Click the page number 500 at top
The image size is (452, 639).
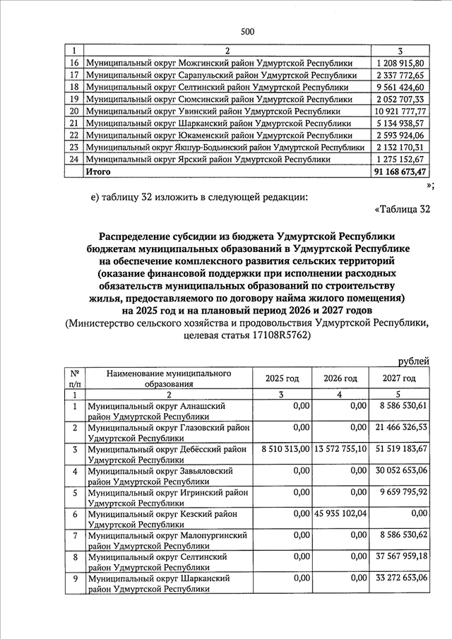(x=247, y=30)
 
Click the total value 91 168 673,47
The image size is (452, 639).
(x=400, y=171)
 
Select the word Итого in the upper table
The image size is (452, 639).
(x=98, y=171)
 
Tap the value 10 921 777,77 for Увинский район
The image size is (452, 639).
(x=400, y=111)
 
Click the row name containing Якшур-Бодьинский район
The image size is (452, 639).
(x=225, y=147)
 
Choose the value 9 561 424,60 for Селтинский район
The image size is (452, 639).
(x=400, y=87)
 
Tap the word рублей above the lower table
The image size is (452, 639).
(x=413, y=362)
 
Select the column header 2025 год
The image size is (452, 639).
(x=282, y=378)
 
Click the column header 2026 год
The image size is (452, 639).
(x=340, y=378)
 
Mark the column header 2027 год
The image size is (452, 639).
(x=399, y=378)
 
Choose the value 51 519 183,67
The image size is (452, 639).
(x=400, y=448)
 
